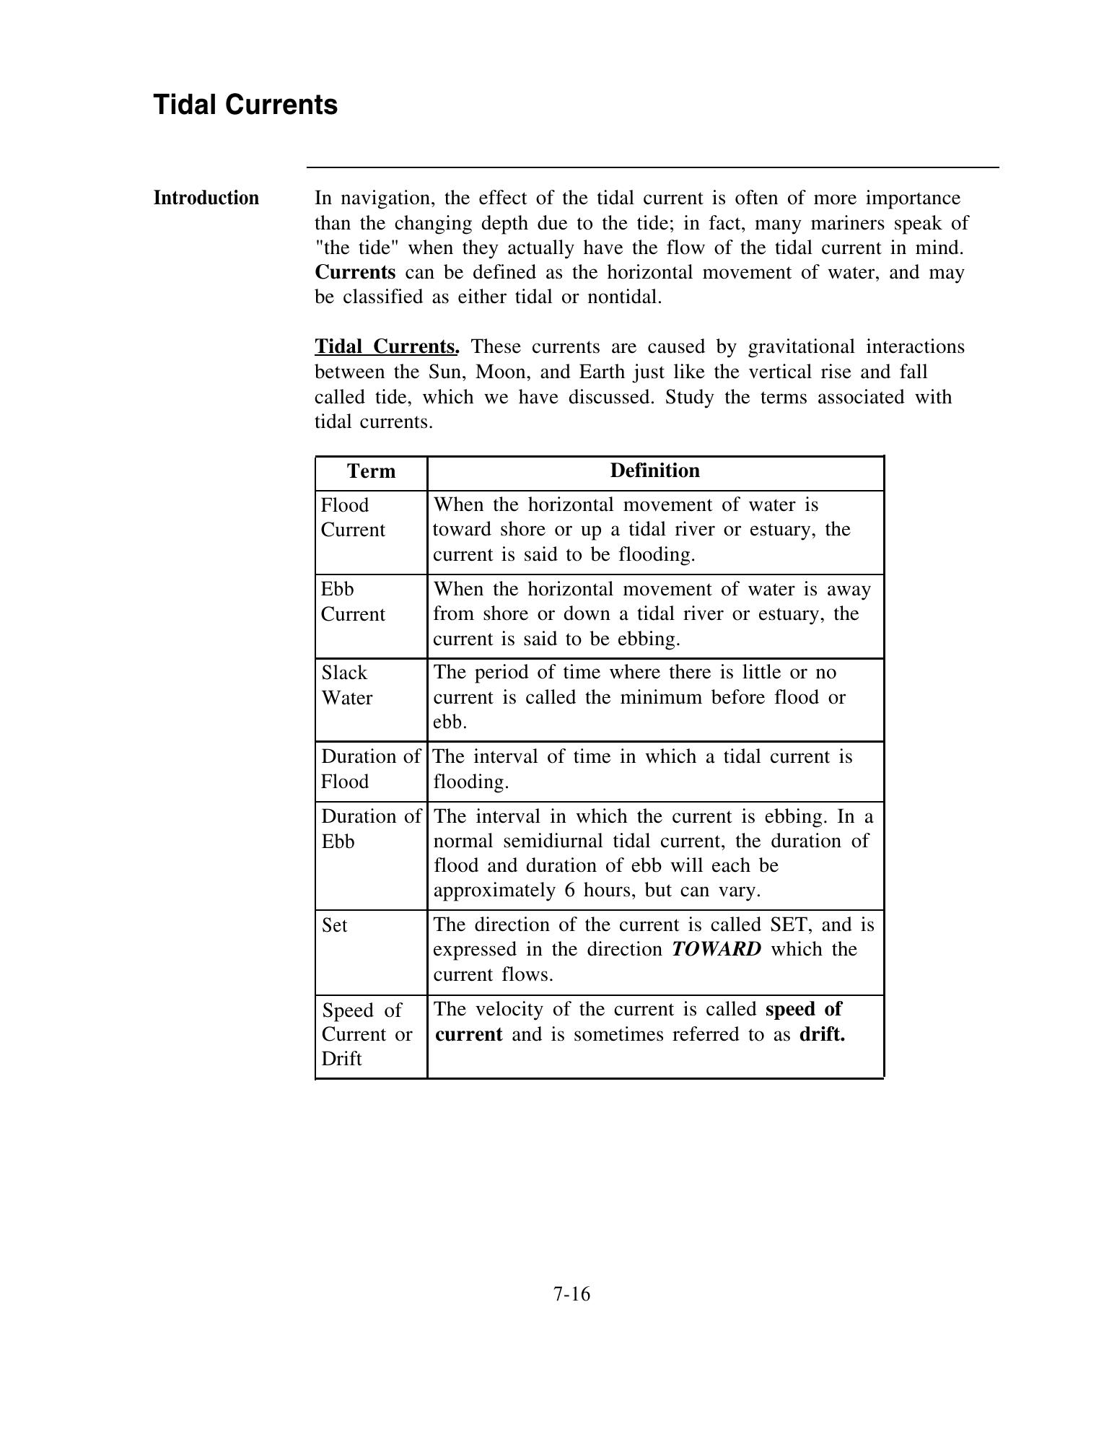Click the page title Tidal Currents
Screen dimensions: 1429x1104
click(245, 105)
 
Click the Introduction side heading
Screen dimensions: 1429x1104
click(206, 198)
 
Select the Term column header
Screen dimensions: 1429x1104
click(371, 471)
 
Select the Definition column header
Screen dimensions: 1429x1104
click(654, 471)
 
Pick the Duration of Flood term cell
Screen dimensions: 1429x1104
click(370, 769)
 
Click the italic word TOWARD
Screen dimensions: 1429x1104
click(716, 949)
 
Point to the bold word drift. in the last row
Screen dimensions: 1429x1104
click(822, 1034)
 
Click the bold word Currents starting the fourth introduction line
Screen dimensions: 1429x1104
click(355, 273)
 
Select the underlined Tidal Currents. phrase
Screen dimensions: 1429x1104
click(387, 347)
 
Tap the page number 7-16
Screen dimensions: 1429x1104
click(571, 1294)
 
